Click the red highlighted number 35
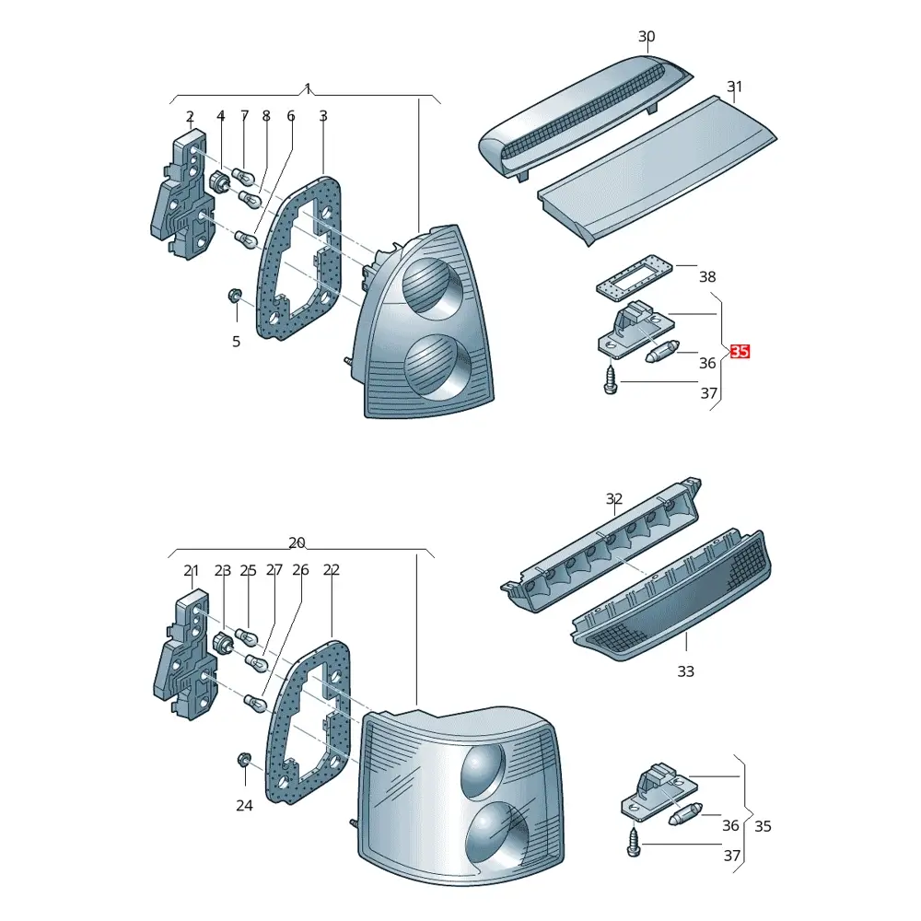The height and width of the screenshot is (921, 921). click(x=740, y=351)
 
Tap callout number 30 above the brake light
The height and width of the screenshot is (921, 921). click(x=647, y=37)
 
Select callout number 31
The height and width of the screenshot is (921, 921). click(x=734, y=87)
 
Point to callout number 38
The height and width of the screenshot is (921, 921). click(x=707, y=276)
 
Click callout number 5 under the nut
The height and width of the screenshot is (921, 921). click(x=236, y=342)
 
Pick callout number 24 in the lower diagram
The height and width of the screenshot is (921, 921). click(x=244, y=805)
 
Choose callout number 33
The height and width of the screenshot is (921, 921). click(x=685, y=670)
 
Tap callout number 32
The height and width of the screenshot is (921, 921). click(x=613, y=498)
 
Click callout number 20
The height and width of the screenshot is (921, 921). click(x=297, y=542)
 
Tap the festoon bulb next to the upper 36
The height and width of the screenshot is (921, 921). click(x=662, y=350)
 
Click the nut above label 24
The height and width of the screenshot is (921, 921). click(x=244, y=760)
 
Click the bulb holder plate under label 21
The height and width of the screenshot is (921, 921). click(x=184, y=654)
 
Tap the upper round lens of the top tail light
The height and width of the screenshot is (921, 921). click(x=432, y=287)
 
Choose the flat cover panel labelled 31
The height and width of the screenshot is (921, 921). click(x=658, y=170)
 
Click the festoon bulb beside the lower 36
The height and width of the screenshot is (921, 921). click(x=685, y=814)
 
